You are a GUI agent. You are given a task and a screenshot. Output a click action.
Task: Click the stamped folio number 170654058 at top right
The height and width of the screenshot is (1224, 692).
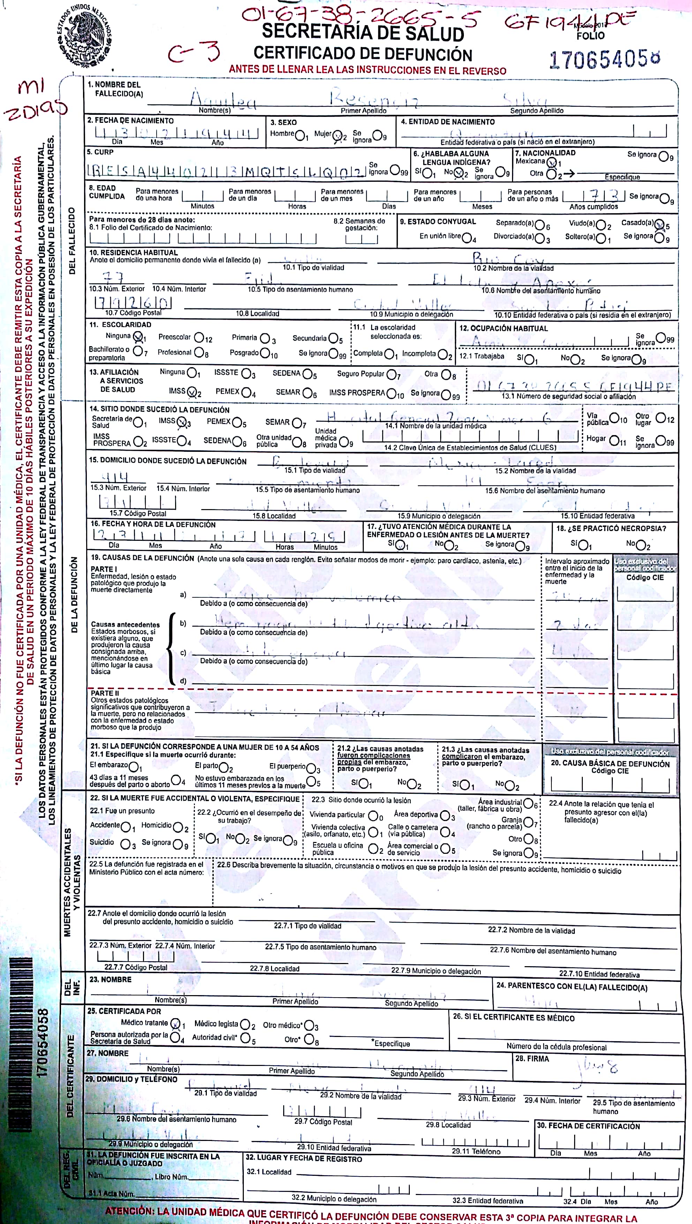tap(604, 59)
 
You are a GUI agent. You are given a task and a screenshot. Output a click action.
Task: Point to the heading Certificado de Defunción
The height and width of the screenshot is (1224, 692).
tap(363, 54)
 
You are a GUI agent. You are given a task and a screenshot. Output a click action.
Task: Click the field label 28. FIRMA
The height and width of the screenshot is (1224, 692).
tap(532, 1059)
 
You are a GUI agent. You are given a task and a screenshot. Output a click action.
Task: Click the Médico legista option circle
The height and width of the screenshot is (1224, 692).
tap(245, 1024)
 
